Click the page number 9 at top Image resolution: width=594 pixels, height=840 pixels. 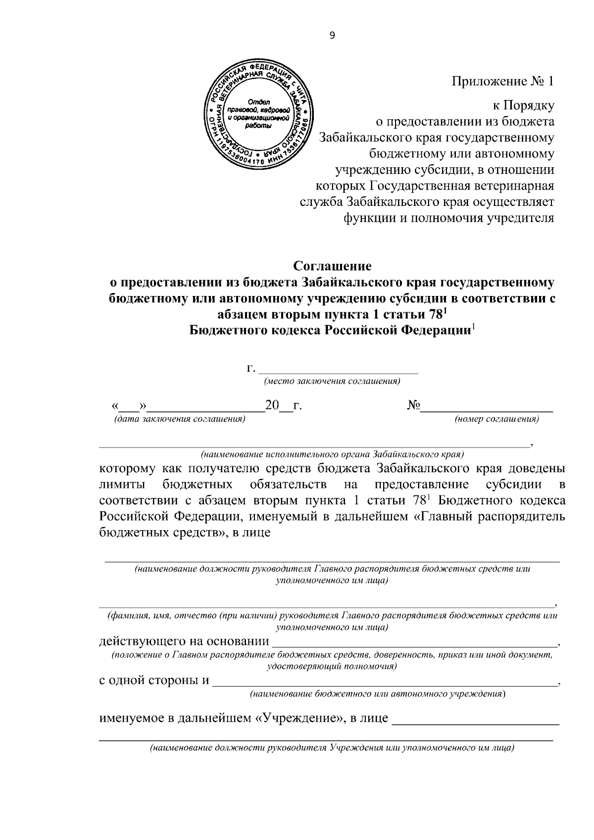click(x=332, y=35)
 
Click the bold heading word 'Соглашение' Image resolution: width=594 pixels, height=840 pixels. click(x=332, y=266)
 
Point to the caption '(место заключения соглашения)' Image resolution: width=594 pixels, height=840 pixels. click(x=332, y=381)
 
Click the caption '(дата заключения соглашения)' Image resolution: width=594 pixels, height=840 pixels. click(x=180, y=419)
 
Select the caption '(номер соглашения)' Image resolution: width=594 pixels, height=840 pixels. click(x=496, y=419)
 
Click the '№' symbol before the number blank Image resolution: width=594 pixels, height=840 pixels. click(x=413, y=405)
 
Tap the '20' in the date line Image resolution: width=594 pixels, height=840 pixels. click(x=272, y=405)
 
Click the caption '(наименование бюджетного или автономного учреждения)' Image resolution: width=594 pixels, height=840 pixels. click(x=378, y=694)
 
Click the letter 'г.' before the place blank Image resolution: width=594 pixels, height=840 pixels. click(x=251, y=368)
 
